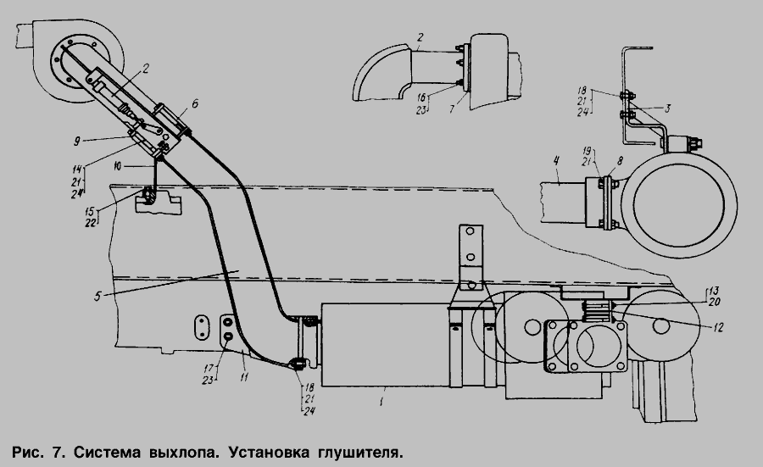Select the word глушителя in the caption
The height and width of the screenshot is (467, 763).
[354, 446]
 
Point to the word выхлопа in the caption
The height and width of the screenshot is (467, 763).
[179, 446]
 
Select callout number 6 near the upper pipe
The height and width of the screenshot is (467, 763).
[195, 103]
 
